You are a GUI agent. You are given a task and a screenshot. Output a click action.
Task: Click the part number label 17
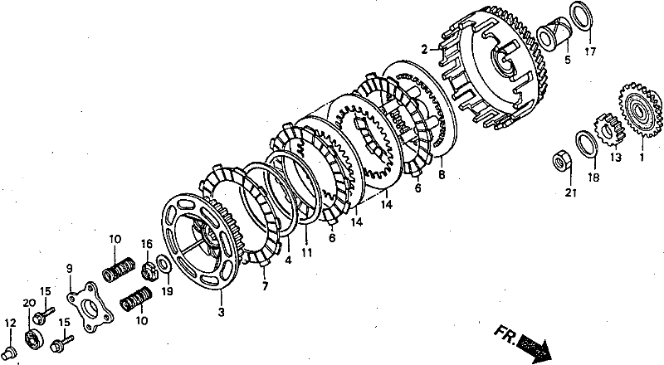pos(590,51)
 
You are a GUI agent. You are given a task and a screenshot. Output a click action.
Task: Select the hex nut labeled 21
pos(563,162)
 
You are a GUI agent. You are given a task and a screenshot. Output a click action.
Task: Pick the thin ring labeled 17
pos(583,17)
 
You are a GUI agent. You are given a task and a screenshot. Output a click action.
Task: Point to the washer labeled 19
pos(164,263)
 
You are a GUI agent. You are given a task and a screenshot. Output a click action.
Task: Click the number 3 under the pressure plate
pos(221,313)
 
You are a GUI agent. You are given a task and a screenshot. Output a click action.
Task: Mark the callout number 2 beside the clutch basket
pos(424,50)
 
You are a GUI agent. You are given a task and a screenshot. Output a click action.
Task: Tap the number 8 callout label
pos(442,174)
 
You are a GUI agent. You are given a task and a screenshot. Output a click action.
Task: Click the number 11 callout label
pos(306,252)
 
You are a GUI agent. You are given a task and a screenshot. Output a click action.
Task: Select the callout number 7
pos(265,287)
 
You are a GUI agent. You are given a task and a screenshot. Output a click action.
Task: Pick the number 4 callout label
pos(288,260)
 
